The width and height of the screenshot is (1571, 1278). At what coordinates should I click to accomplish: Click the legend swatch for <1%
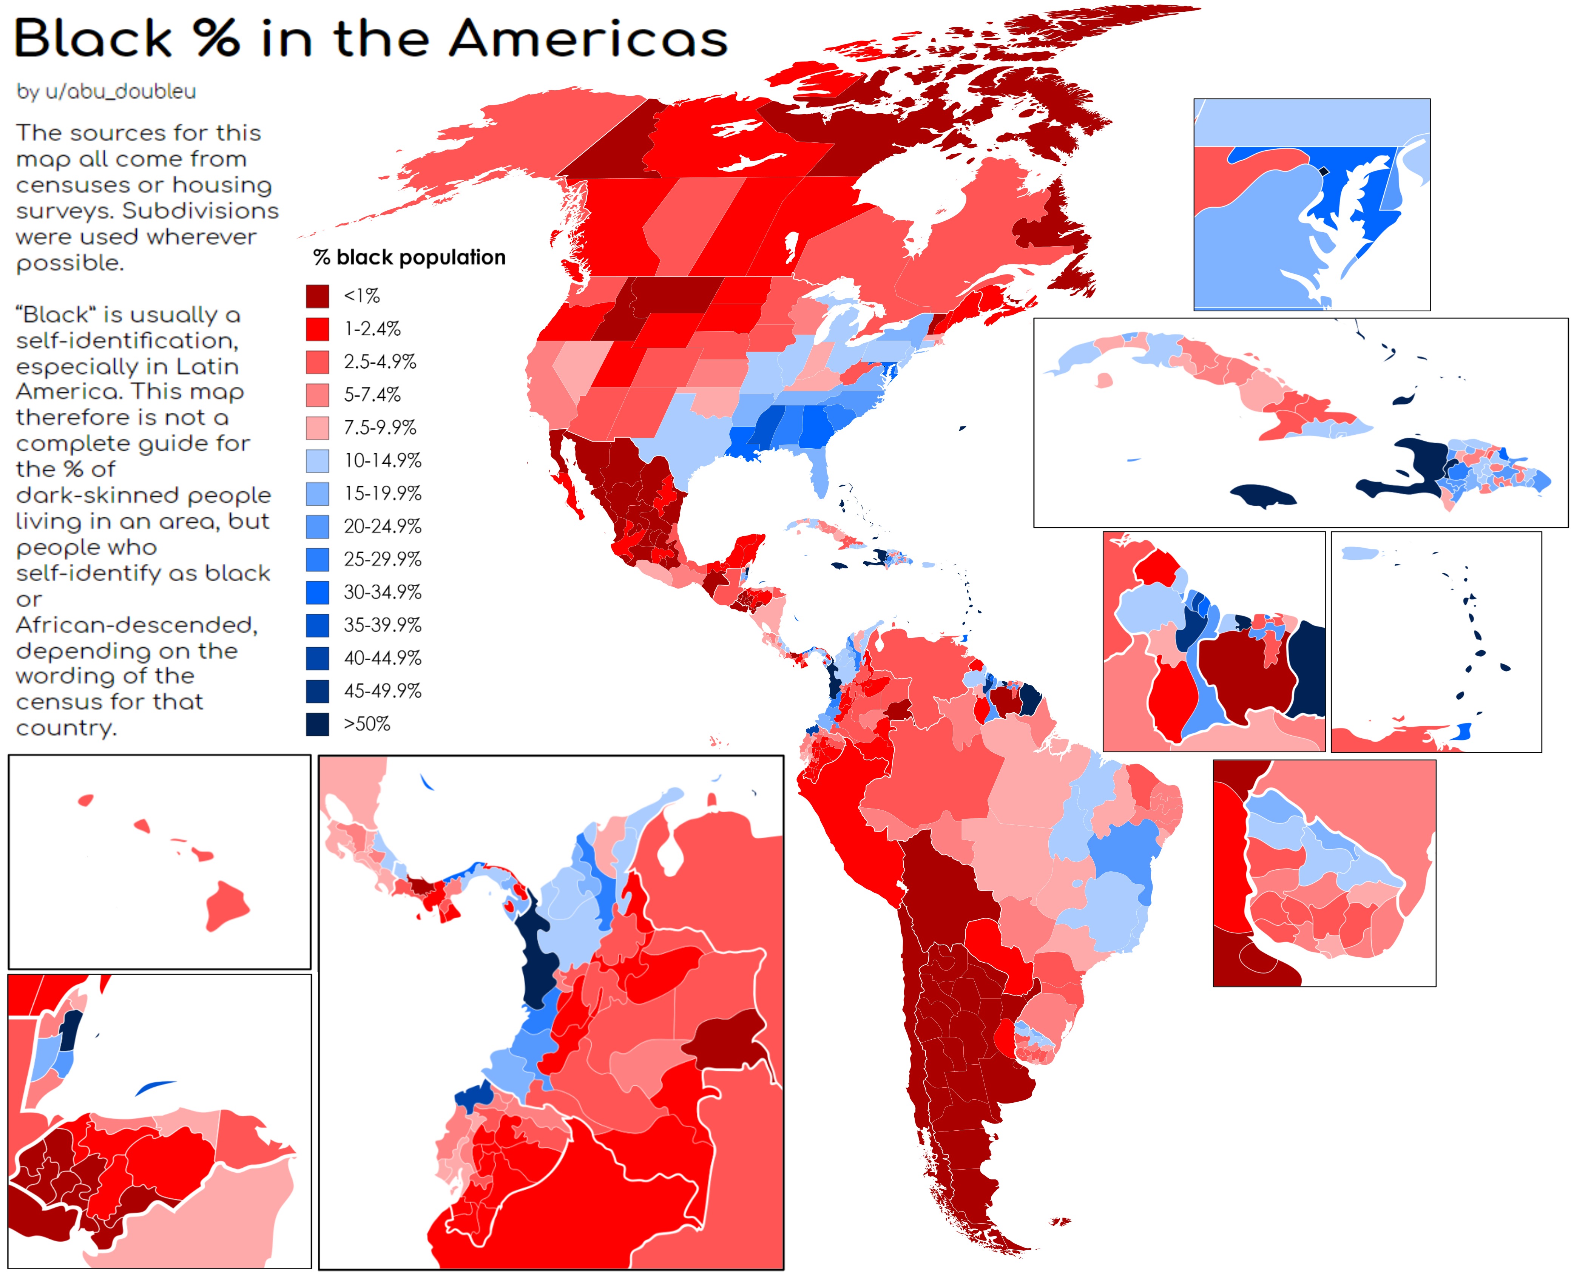click(317, 296)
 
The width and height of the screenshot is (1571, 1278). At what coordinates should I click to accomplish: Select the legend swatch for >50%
click(317, 724)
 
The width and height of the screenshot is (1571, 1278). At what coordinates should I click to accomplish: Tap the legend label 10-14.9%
click(382, 461)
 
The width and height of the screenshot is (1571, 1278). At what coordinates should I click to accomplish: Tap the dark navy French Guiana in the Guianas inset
click(1307, 670)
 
